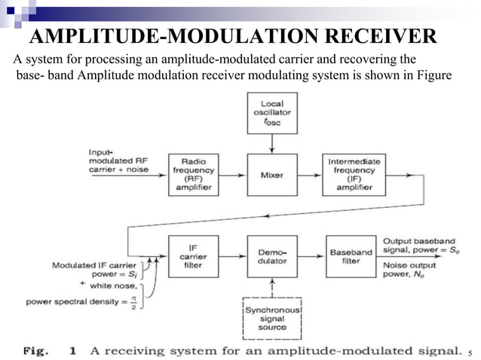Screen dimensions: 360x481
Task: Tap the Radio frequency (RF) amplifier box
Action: pos(194,175)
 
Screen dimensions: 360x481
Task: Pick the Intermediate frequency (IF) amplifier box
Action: pos(353,175)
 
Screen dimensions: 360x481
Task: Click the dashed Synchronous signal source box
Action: pos(272,317)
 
